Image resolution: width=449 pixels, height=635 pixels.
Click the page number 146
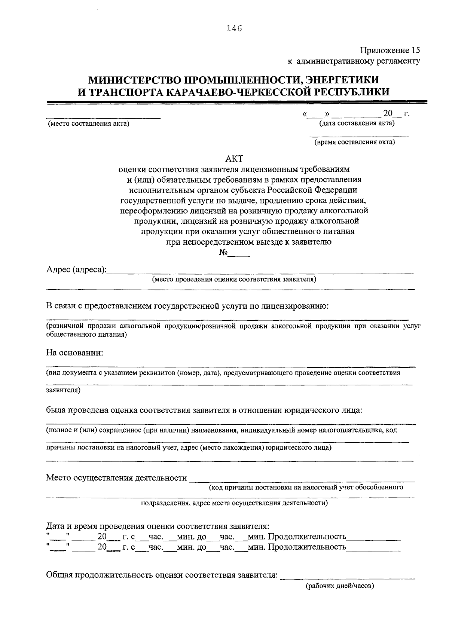(x=235, y=28)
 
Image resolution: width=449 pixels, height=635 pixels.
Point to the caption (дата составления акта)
(x=357, y=123)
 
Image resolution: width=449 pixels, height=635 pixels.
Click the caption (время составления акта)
(x=354, y=142)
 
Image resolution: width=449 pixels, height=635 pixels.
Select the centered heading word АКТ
(x=235, y=159)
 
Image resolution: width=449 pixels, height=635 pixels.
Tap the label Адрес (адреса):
(x=76, y=270)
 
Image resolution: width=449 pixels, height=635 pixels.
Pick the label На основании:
(x=74, y=353)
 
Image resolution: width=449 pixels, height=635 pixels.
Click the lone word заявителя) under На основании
(x=63, y=390)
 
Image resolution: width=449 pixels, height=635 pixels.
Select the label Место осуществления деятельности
(x=116, y=478)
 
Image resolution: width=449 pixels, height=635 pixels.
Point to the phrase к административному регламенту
(x=354, y=61)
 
